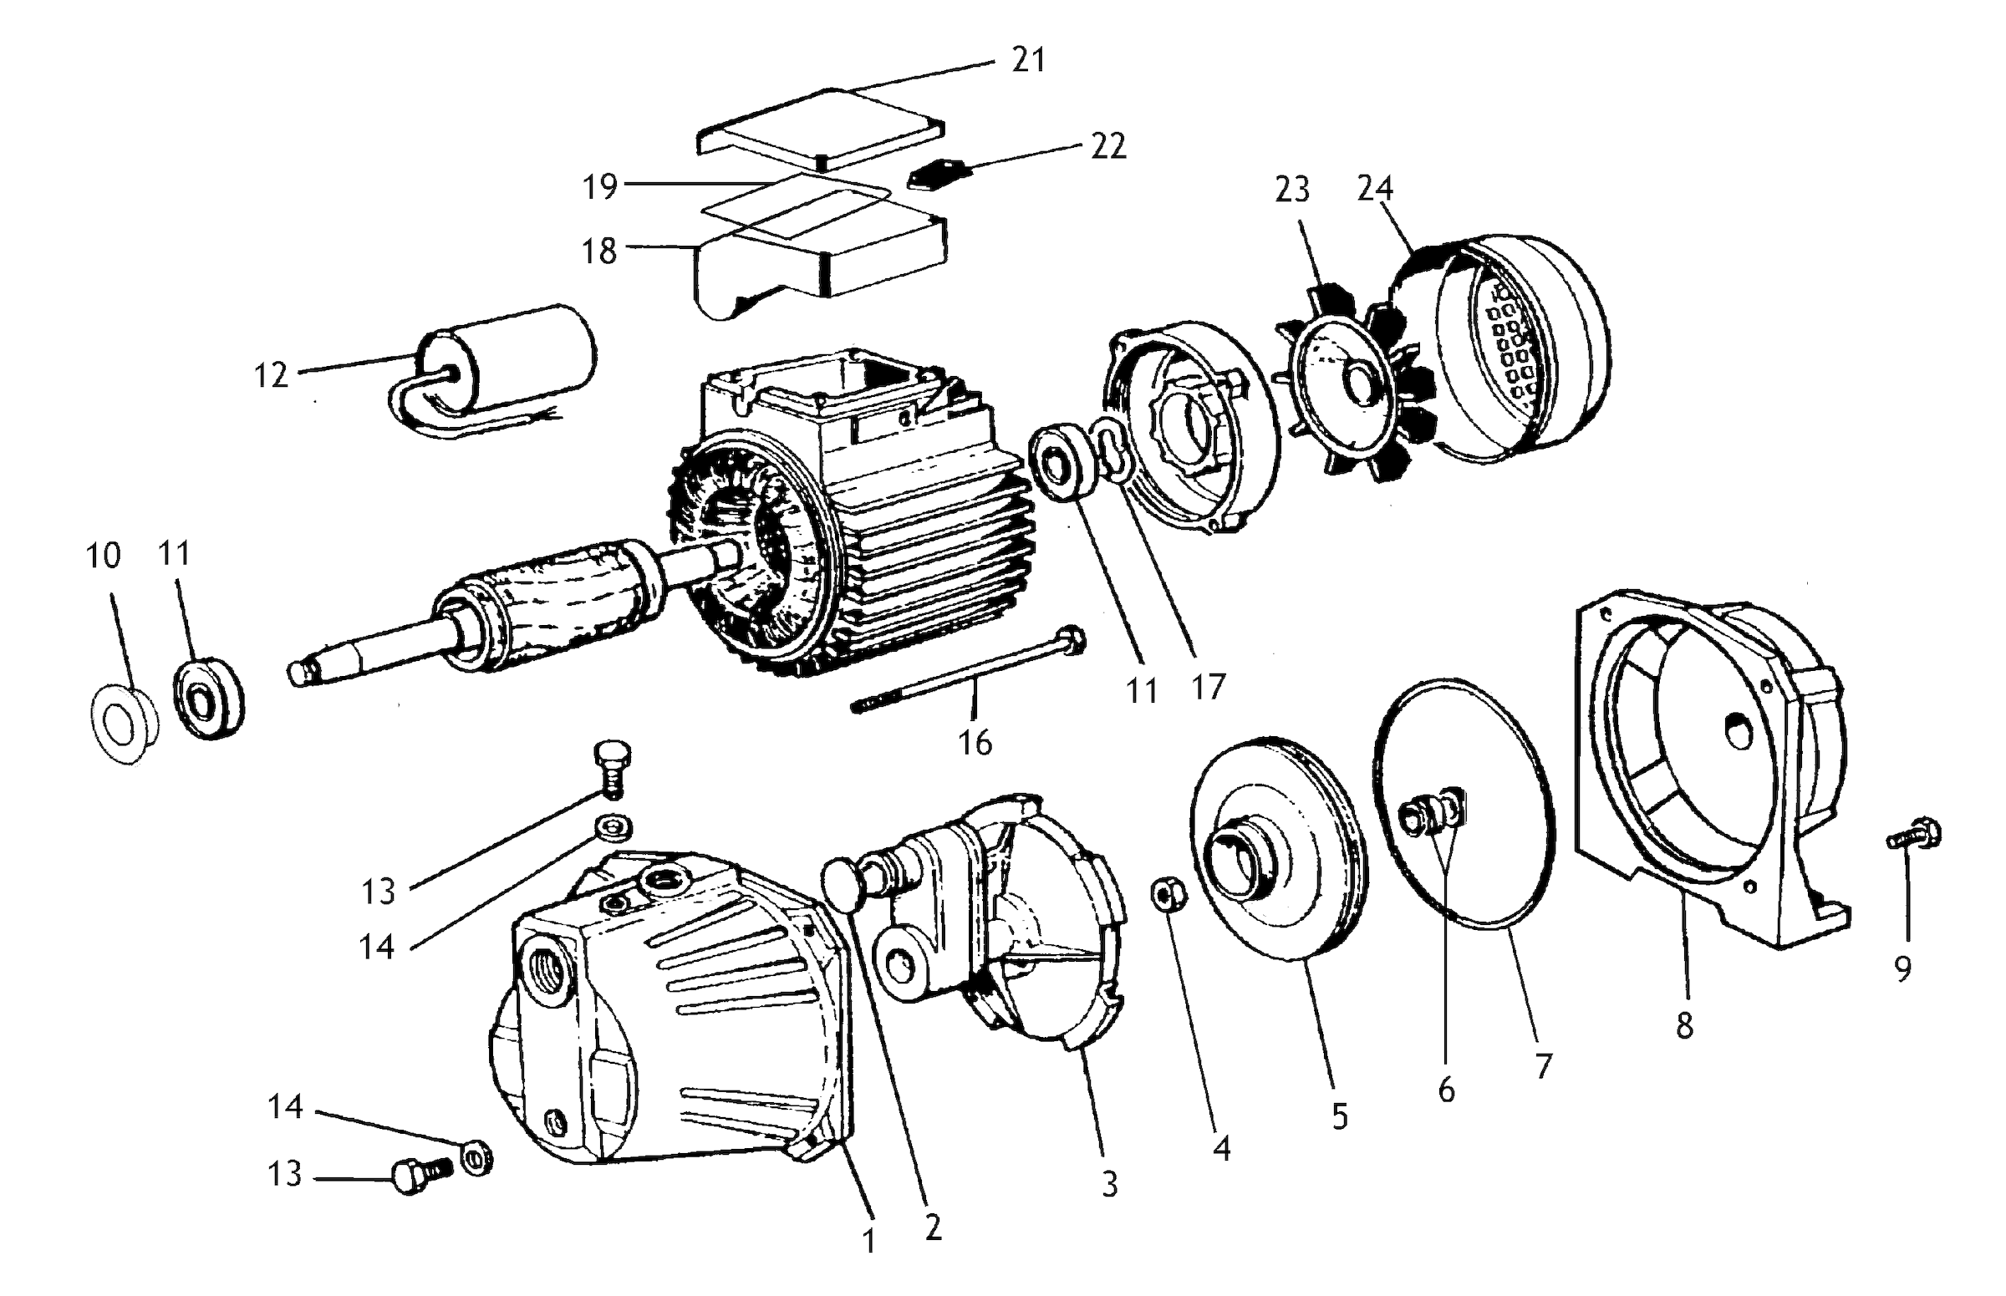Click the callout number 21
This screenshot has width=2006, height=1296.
1028,60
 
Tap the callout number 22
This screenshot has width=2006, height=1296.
1107,146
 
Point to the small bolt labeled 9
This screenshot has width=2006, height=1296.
1913,836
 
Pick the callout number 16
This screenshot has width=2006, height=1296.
975,743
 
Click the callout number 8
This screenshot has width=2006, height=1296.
1683,1026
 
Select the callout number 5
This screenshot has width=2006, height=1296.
1340,1116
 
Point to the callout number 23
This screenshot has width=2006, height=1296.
1292,190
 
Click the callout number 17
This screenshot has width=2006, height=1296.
1207,688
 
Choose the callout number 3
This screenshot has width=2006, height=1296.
1109,1184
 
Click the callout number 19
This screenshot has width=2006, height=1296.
600,187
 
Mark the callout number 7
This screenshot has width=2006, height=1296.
1543,1066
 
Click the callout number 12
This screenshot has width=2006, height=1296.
271,376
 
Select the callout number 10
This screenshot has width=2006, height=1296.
104,556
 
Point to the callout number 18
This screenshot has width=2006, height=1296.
599,252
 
